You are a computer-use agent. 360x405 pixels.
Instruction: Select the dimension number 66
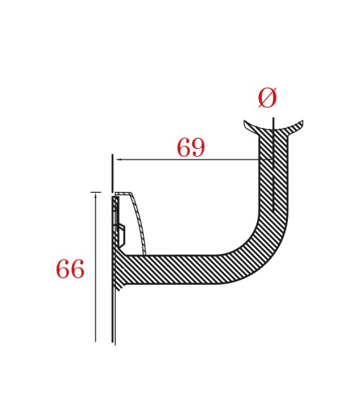pyautogui.click(x=70, y=270)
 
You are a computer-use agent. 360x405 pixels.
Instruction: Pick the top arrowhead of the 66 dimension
pyautogui.click(x=96, y=195)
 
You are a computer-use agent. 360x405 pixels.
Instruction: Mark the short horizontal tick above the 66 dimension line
pyautogui.click(x=96, y=192)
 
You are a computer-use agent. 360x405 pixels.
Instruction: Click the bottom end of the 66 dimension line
pyautogui.click(x=96, y=341)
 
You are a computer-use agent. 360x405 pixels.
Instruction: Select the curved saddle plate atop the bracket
pyautogui.click(x=274, y=129)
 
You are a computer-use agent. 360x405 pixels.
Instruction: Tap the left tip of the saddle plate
pyautogui.click(x=245, y=122)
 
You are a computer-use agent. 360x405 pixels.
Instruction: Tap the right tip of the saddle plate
pyautogui.click(x=302, y=122)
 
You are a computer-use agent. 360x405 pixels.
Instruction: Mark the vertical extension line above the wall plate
pyautogui.click(x=112, y=173)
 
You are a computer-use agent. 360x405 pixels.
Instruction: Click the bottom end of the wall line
pyautogui.click(x=114, y=342)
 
